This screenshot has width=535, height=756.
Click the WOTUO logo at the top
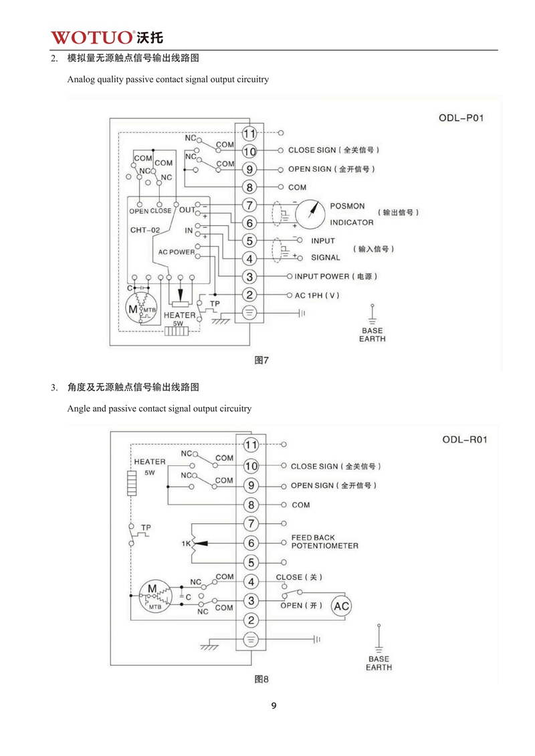(x=107, y=37)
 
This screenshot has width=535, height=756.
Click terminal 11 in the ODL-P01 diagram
(x=249, y=133)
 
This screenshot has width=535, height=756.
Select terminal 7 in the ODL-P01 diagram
(x=249, y=205)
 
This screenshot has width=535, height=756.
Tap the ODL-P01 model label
(x=461, y=118)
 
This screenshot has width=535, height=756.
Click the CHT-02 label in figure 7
(x=144, y=230)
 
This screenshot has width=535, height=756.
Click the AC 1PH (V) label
(x=317, y=295)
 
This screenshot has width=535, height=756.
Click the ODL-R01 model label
(x=465, y=440)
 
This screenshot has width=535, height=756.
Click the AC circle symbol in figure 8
(x=342, y=606)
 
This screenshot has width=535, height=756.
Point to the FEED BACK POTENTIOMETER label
(x=324, y=541)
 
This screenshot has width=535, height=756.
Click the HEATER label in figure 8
(x=150, y=461)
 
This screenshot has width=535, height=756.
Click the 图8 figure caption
(x=261, y=678)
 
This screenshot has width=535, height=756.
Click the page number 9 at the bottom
(x=274, y=706)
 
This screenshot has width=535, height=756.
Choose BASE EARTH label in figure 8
(x=379, y=663)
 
